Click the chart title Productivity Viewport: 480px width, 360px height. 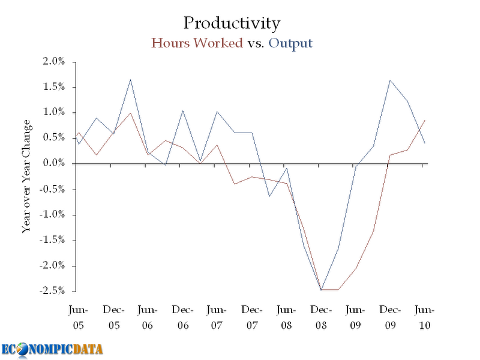pyautogui.click(x=231, y=23)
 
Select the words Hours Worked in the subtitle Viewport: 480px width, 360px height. pyautogui.click(x=197, y=43)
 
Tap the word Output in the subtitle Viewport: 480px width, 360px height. pyautogui.click(x=291, y=43)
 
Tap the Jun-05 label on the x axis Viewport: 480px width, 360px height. pyautogui.click(x=78, y=317)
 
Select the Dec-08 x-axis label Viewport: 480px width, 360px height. pyautogui.click(x=321, y=317)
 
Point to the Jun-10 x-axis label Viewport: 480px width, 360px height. pyautogui.click(x=425, y=317)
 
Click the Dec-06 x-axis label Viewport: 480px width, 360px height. pyautogui.click(x=182, y=317)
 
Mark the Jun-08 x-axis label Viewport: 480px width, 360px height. pyautogui.click(x=286, y=317)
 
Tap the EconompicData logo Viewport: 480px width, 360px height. pyautogui.click(x=52, y=349)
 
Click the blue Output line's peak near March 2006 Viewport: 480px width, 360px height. pyautogui.click(x=130, y=79)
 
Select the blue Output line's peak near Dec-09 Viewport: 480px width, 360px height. pyautogui.click(x=391, y=80)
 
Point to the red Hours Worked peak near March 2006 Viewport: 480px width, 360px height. pyautogui.click(x=130, y=113)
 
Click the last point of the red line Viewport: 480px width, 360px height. pyautogui.click(x=425, y=120)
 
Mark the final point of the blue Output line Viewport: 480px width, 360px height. pyautogui.click(x=425, y=143)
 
